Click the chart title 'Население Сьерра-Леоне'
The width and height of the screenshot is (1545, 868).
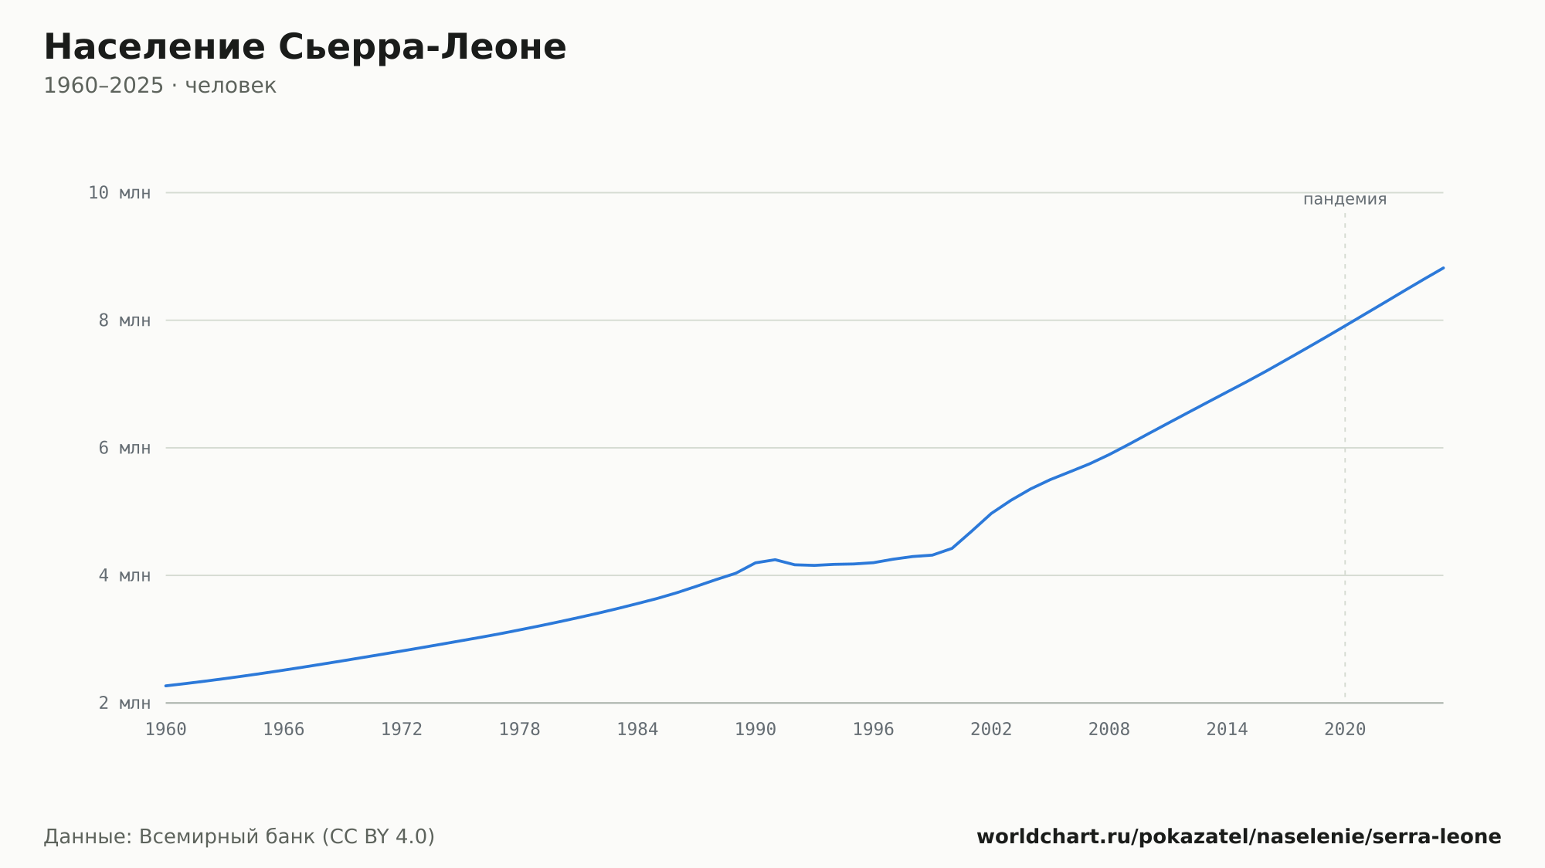pyautogui.click(x=305, y=48)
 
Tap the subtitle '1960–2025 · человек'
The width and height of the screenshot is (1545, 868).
pyautogui.click(x=160, y=86)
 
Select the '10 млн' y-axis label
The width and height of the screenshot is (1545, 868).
pyautogui.click(x=120, y=193)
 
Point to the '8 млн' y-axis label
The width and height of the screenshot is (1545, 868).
pyautogui.click(x=124, y=320)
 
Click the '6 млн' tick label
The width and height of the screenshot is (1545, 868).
pyautogui.click(x=124, y=448)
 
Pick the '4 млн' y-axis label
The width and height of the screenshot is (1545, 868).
pyautogui.click(x=124, y=575)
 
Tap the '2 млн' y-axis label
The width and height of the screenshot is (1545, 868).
pyautogui.click(x=124, y=703)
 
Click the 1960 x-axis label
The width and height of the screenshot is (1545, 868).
pyautogui.click(x=166, y=730)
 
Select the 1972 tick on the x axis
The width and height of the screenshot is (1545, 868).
pyautogui.click(x=402, y=730)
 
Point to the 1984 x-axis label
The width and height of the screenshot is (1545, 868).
pyautogui.click(x=637, y=730)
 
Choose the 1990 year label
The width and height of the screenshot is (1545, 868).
pyautogui.click(x=756, y=730)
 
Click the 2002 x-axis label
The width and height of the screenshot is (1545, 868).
pyautogui.click(x=991, y=730)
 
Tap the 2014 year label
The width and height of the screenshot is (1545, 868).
pyautogui.click(x=1227, y=730)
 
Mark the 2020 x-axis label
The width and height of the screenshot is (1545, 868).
pyautogui.click(x=1345, y=730)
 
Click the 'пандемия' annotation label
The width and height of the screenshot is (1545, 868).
pyautogui.click(x=1345, y=200)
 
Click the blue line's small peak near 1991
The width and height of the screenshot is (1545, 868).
pyautogui.click(x=775, y=559)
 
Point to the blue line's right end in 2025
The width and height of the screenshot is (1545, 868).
pyautogui.click(x=1443, y=268)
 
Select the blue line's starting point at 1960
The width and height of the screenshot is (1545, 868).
pyautogui.click(x=166, y=686)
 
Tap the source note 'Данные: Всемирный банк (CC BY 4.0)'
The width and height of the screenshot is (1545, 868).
pyautogui.click(x=239, y=837)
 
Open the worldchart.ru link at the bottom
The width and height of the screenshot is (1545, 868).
pyautogui.click(x=1239, y=837)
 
